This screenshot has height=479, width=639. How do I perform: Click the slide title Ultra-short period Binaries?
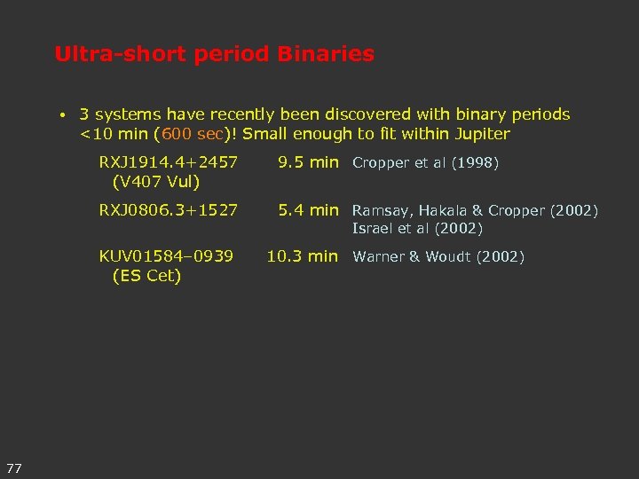[214, 54]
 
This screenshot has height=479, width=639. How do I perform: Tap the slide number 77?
[14, 467]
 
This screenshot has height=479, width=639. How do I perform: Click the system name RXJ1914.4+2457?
[168, 162]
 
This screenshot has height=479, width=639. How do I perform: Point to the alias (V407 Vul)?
[155, 182]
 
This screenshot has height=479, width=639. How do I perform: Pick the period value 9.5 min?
[308, 162]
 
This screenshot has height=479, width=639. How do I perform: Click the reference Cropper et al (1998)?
[426, 163]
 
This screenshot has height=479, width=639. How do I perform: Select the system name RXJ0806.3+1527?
[168, 210]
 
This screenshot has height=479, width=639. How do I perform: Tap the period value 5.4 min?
[308, 210]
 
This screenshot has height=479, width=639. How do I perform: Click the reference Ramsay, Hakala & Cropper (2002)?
[475, 211]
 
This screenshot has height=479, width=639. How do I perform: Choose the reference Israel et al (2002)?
[417, 229]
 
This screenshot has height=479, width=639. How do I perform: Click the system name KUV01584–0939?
[166, 256]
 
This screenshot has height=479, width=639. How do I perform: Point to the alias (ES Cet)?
[146, 276]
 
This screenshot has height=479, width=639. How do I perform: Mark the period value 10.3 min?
[303, 256]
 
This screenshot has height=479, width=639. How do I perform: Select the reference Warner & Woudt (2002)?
[438, 257]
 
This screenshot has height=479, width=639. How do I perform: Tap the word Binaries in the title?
[326, 54]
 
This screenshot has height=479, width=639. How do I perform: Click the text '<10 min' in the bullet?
[114, 135]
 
